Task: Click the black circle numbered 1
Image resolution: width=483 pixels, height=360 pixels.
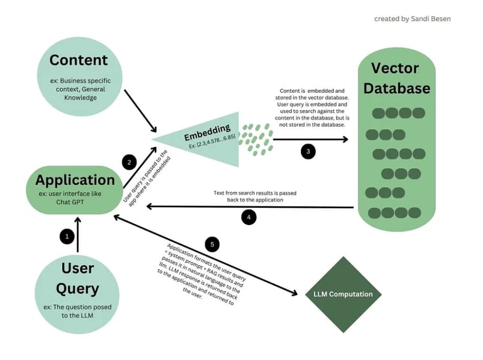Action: click(x=66, y=236)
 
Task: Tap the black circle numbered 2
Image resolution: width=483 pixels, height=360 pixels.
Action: click(x=129, y=162)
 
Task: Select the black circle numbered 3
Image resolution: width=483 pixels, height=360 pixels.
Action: click(x=308, y=151)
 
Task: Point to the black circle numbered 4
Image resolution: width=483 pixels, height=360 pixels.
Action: click(x=248, y=217)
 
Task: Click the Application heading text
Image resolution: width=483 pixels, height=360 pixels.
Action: click(x=75, y=180)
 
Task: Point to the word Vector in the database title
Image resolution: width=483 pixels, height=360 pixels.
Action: click(x=395, y=68)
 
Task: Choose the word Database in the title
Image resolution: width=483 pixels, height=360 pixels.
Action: click(x=396, y=88)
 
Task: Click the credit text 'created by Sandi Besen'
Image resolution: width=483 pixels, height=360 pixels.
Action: click(x=412, y=19)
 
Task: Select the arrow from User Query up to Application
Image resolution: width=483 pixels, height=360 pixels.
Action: click(x=77, y=234)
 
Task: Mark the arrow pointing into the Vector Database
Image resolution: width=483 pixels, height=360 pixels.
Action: click(x=310, y=139)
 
